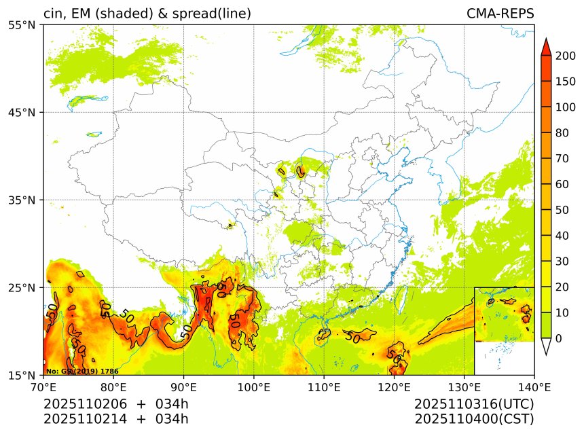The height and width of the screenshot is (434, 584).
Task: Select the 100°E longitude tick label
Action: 254,388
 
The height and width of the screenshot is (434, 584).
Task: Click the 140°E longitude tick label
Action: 534,388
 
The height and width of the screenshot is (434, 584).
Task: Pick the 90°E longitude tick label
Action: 183,388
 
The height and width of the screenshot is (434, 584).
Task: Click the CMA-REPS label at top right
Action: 500,14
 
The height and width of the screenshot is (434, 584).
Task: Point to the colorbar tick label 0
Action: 558,338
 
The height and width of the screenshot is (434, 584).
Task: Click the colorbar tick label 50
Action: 561,210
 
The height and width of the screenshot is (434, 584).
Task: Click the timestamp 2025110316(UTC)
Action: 474,404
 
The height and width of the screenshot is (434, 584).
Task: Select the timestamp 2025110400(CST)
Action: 474,418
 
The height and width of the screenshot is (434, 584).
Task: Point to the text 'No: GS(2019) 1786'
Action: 82,372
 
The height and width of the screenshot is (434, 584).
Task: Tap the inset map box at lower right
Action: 504,331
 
